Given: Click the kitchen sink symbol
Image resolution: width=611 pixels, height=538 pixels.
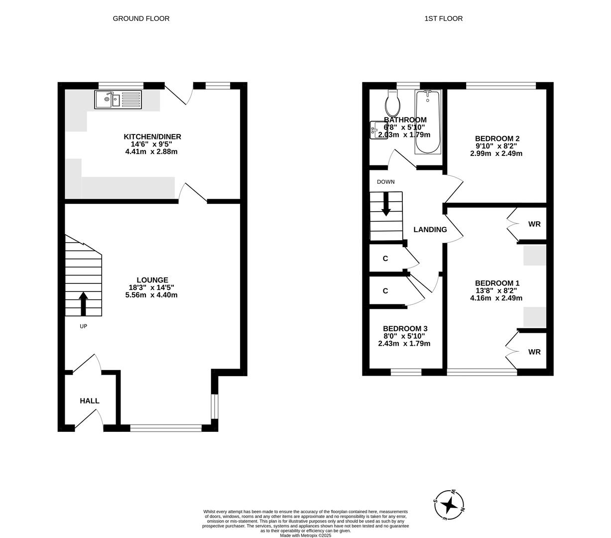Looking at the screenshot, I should click(x=118, y=100).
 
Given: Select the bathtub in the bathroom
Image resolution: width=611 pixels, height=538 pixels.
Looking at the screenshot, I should click(x=428, y=122).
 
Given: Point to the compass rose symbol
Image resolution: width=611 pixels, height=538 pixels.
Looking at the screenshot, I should click(x=450, y=505).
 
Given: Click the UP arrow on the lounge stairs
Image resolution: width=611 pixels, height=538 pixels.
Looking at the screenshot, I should click(x=83, y=303).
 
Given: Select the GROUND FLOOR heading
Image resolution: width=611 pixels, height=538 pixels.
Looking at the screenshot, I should click(x=141, y=18).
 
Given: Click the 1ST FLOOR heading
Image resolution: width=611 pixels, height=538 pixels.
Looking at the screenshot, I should click(x=443, y=18).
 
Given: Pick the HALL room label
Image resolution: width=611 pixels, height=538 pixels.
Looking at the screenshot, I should click(x=90, y=401).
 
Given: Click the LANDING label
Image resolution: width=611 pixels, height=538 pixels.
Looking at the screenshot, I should click(x=430, y=230).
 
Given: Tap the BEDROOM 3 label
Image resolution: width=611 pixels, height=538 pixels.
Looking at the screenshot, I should click(x=405, y=329).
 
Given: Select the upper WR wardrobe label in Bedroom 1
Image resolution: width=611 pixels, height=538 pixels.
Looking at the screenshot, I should click(x=534, y=224).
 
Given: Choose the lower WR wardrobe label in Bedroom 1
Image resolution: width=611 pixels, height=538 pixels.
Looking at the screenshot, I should click(x=534, y=352).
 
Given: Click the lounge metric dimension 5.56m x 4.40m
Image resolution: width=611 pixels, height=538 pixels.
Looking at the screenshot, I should click(x=151, y=295).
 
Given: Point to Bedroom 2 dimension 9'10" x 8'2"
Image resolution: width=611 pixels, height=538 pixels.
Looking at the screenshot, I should click(x=496, y=146).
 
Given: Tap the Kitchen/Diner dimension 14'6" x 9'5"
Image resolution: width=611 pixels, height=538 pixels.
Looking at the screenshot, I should click(x=152, y=144).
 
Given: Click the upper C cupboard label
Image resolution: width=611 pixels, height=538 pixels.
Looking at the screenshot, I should click(x=385, y=259).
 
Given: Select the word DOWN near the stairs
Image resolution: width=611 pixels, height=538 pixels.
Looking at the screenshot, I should click(x=385, y=182).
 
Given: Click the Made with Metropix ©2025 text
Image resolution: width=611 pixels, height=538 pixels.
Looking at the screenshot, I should click(x=305, y=536).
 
